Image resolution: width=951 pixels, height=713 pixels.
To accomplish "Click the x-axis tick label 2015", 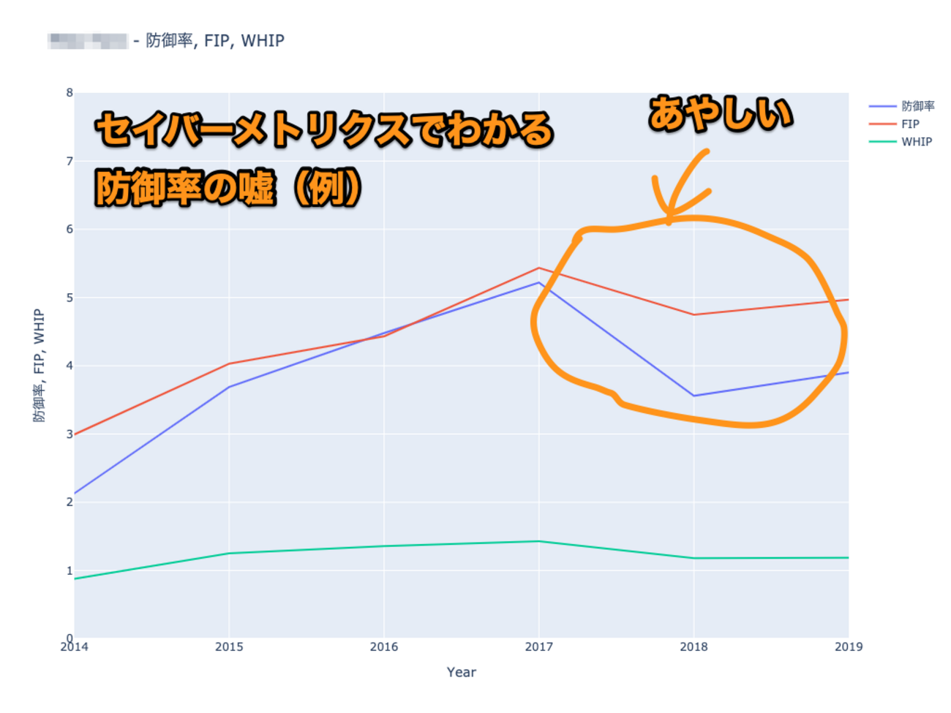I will (229, 646).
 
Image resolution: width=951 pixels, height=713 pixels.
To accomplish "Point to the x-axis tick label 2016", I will (384, 646).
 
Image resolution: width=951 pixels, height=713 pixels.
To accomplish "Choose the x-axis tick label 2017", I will (539, 646).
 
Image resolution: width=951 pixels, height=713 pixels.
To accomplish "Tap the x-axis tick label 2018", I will (693, 646).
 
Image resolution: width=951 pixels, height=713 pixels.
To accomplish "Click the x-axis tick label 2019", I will (848, 646).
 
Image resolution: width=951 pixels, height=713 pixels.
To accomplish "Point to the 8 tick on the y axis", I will (69, 93).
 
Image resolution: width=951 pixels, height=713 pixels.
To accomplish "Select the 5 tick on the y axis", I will (69, 298).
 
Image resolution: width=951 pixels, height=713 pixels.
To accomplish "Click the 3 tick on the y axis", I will (69, 434).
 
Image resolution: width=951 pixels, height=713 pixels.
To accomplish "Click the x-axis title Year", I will (461, 672).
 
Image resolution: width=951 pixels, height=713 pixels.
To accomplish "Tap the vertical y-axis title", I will (39, 365).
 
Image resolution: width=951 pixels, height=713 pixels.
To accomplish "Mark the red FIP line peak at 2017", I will (539, 268).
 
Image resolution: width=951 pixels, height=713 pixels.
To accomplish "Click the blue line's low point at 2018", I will (693, 396).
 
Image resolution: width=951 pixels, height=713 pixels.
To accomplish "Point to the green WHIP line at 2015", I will (229, 553).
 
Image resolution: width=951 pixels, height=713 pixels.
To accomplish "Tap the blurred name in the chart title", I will (88, 41).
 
